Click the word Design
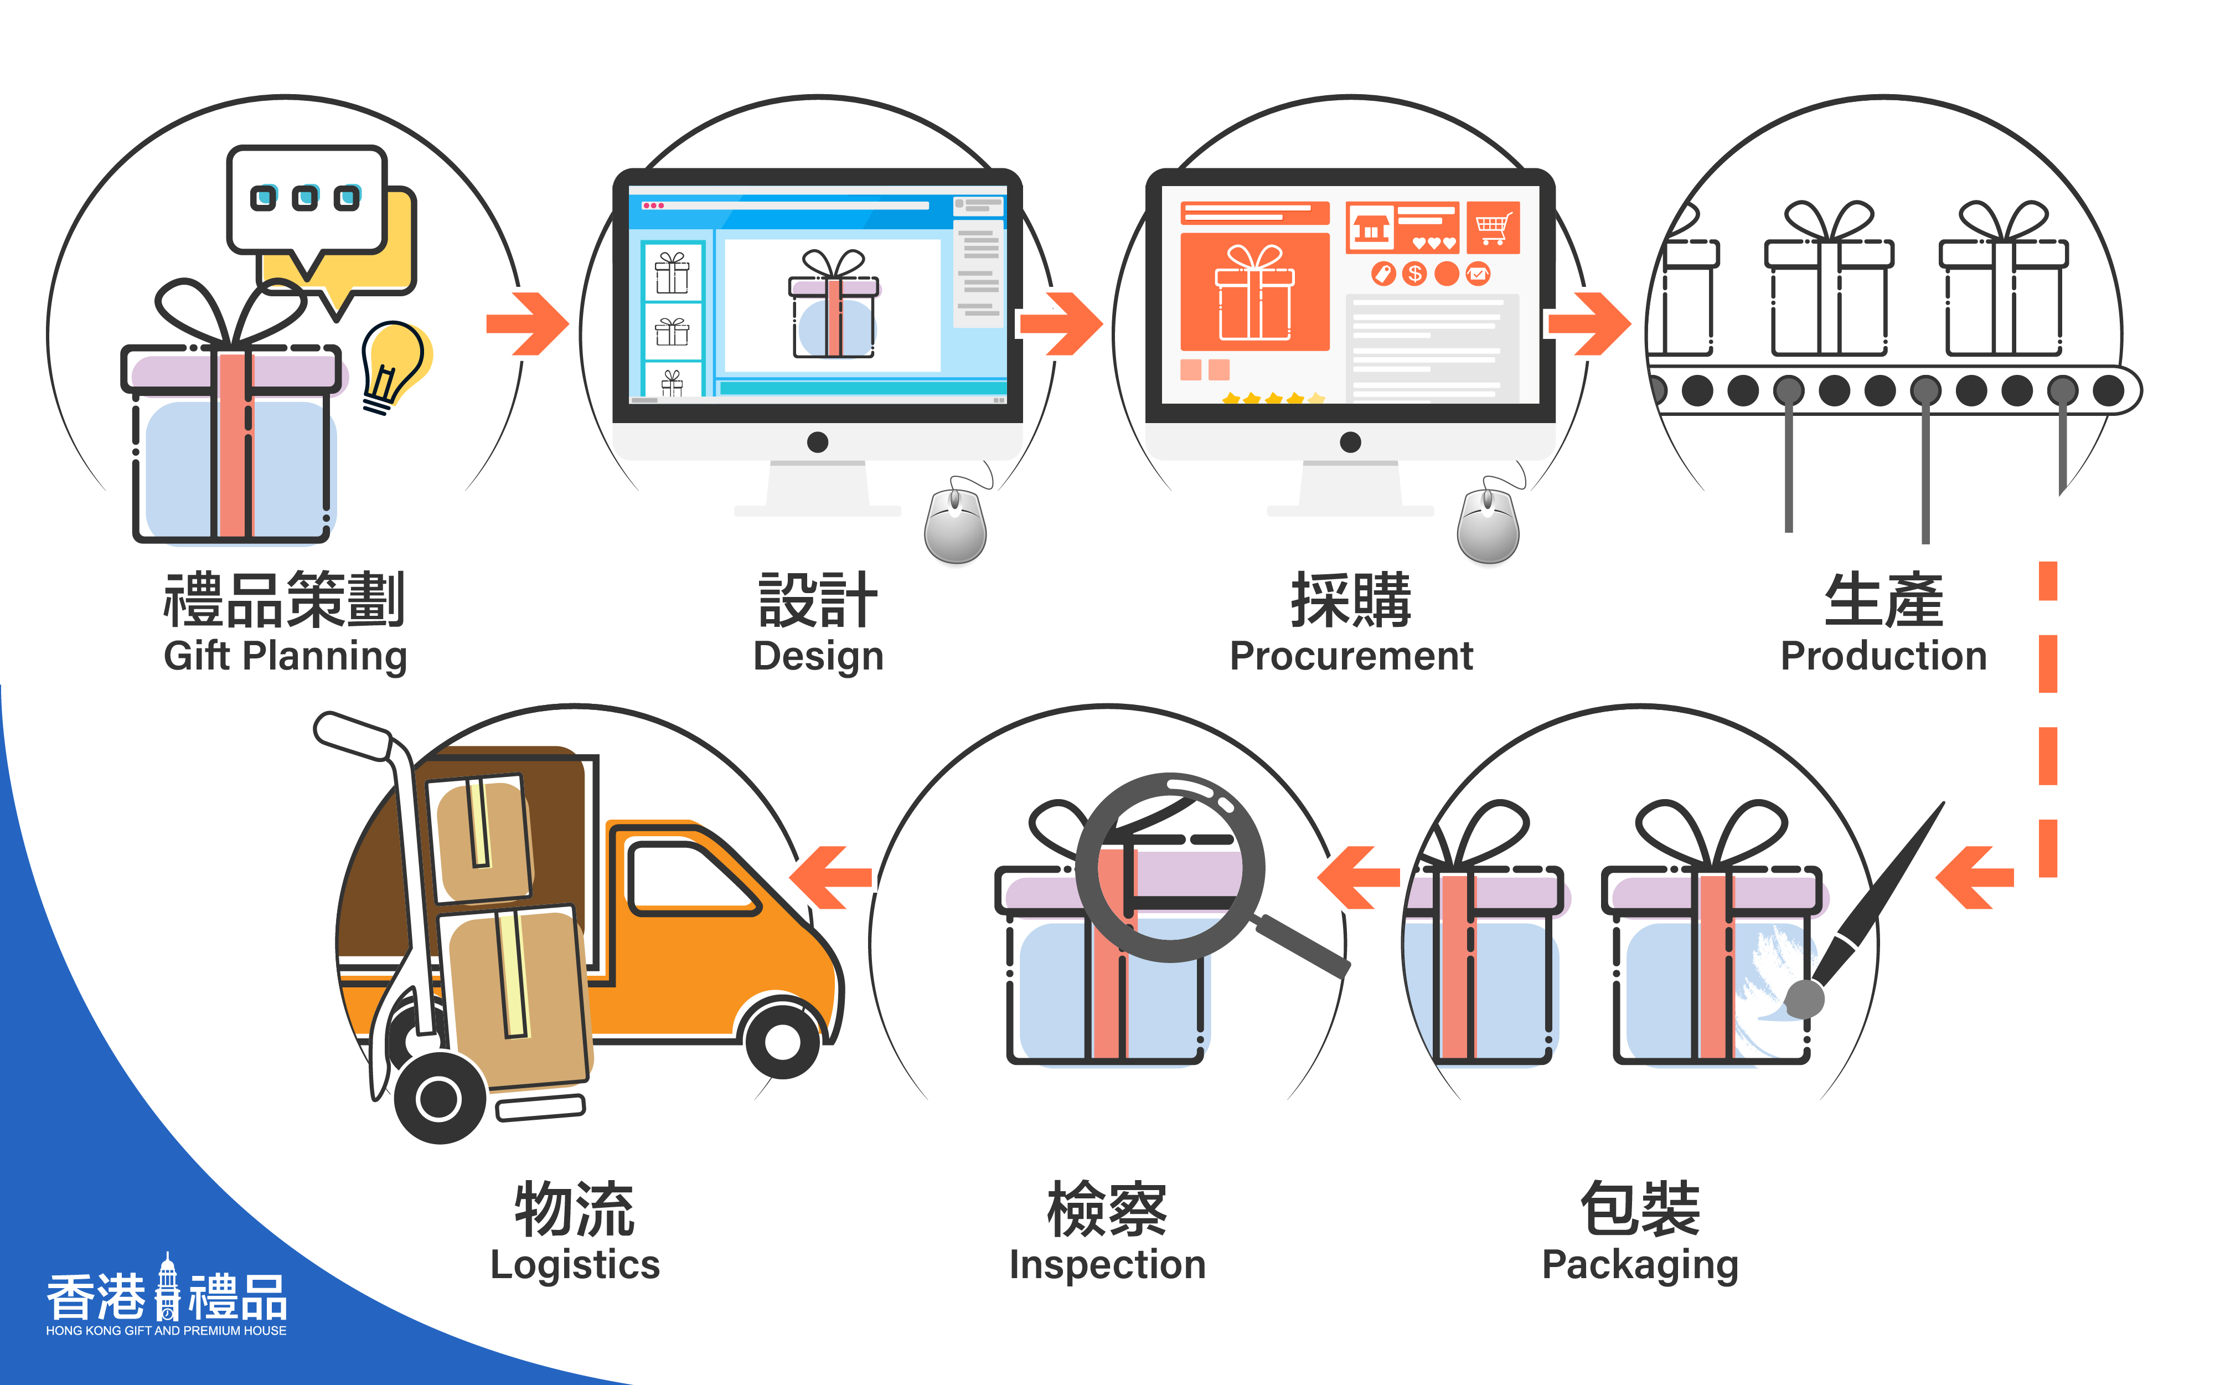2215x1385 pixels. [x=818, y=656]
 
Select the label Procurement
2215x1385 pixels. [x=1351, y=656]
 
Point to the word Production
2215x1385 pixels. [x=1883, y=656]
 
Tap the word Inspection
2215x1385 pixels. [x=1107, y=1264]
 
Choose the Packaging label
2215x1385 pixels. [x=1639, y=1265]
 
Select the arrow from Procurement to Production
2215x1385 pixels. [x=1589, y=323]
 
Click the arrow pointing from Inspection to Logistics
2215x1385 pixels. [x=829, y=878]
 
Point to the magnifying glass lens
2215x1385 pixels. [x=1169, y=866]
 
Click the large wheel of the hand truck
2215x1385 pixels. [x=440, y=1098]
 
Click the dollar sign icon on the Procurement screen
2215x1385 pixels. [x=1414, y=273]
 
